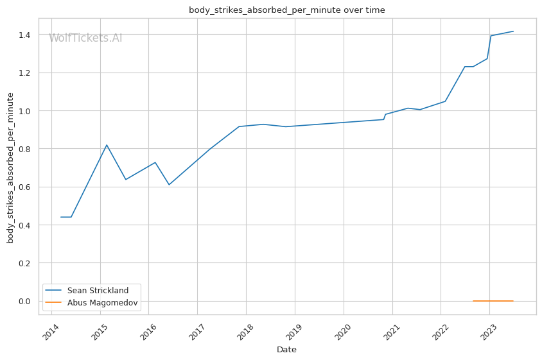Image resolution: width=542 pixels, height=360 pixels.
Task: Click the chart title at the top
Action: [286, 10]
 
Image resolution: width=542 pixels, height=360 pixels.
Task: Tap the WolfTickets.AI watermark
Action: [85, 39]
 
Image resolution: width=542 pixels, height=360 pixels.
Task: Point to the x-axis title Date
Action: [286, 350]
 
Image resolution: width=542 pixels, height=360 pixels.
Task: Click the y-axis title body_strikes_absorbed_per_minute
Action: [10, 167]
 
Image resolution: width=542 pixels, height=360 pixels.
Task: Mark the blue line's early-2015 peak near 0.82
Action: [107, 145]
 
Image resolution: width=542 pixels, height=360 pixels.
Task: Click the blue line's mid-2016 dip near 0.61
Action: [169, 185]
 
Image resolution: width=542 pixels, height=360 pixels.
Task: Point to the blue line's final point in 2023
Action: [513, 31]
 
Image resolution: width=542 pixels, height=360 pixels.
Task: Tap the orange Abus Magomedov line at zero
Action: [493, 301]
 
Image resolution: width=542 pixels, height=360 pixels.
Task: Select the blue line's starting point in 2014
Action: [61, 217]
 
